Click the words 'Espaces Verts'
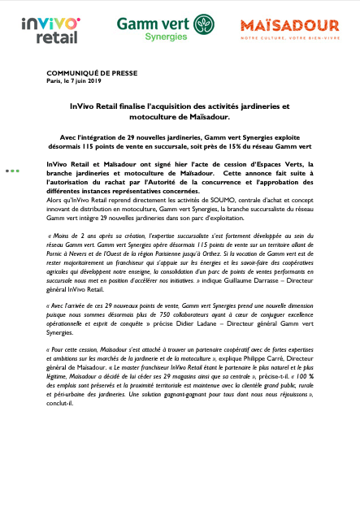[288, 164]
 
